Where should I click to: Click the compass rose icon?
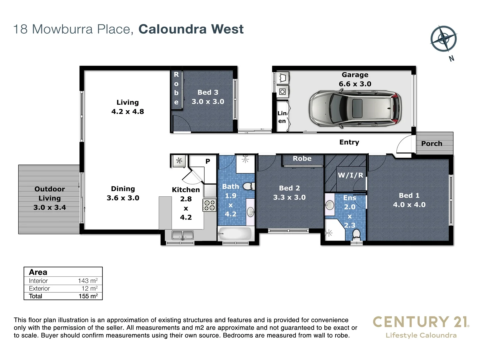pos(443,38)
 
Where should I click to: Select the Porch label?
pos(432,144)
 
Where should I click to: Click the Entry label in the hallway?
pos(349,142)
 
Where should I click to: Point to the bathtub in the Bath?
pos(235,234)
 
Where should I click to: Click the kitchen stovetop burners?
pos(209,205)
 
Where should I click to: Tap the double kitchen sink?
pos(182,235)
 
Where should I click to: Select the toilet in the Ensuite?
pos(356,234)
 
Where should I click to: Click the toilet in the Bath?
pos(248,186)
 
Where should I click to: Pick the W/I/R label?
pos(350,175)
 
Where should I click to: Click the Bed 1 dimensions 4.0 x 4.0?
pos(409,205)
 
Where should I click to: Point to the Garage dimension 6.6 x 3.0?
pos(355,84)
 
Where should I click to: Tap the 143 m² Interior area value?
pos(88,281)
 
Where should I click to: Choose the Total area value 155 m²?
pos(88,296)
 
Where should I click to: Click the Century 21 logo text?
pos(421,322)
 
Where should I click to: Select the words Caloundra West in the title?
pos(191,29)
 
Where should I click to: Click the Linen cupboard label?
pos(282,117)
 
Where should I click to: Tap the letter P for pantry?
pos(208,161)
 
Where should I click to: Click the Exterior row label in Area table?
pos(39,288)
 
